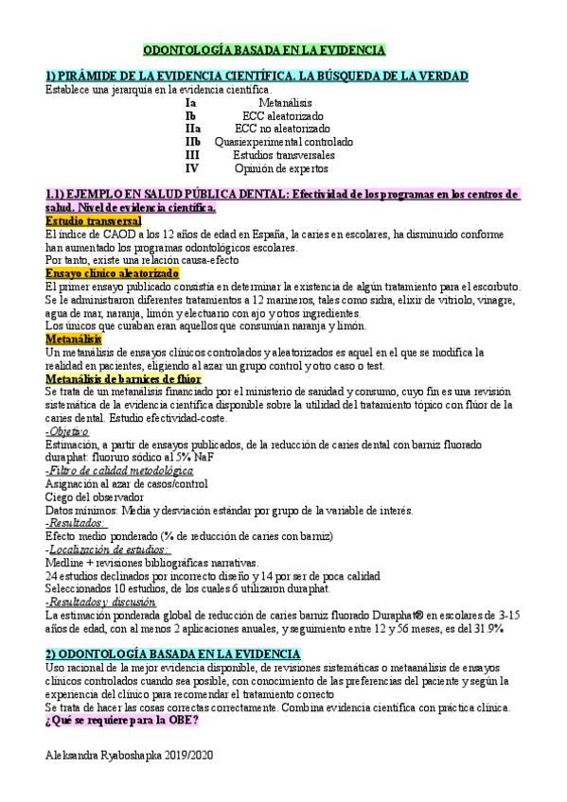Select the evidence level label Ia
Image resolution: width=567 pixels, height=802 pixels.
(x=190, y=102)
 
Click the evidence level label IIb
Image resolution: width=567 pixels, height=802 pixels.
(x=193, y=142)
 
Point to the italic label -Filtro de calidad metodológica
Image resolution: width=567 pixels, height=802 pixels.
(x=112, y=470)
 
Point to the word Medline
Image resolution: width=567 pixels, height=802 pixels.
(x=66, y=562)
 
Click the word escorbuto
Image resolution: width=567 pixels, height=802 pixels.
(x=492, y=286)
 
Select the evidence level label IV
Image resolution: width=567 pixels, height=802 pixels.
(x=192, y=168)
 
